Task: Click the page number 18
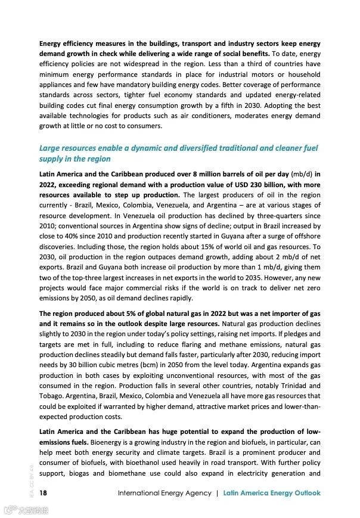[43, 493]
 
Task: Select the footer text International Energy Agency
[165, 493]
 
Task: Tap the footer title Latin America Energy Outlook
[272, 493]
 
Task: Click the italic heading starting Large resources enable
[178, 153]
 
